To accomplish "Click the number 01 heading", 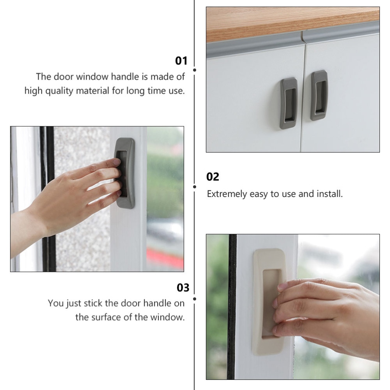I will click(181, 61).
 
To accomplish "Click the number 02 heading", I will click(213, 177).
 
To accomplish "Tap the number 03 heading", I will click(183, 288).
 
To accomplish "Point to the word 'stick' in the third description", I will click(94, 303).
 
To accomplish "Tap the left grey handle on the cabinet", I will click(289, 103).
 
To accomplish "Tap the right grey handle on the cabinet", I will click(319, 95).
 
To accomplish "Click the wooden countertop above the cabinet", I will click(292, 21).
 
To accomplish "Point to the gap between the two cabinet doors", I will click(303, 94).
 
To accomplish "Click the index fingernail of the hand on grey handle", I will click(116, 161).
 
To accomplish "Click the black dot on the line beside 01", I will click(194, 70).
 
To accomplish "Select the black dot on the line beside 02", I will click(194, 187).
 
